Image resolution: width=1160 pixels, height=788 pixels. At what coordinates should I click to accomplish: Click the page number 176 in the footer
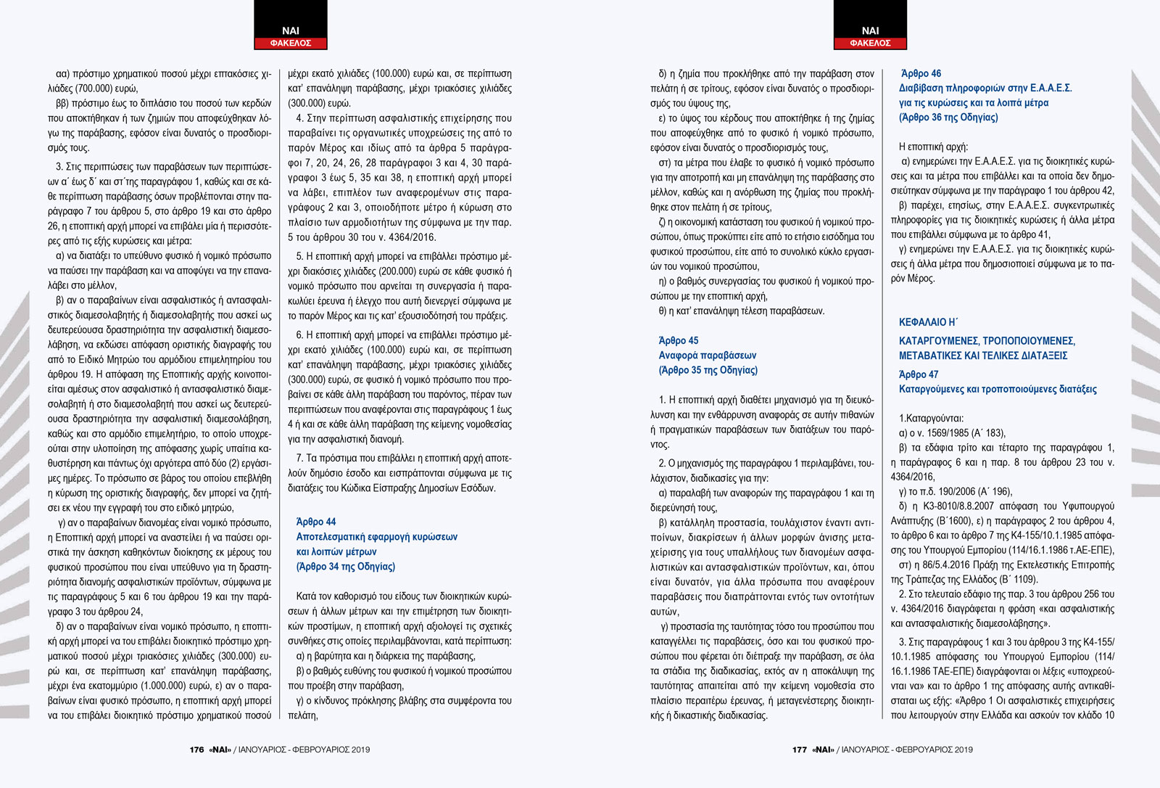click(x=196, y=750)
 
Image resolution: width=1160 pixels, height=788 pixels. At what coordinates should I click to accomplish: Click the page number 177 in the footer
click(x=800, y=750)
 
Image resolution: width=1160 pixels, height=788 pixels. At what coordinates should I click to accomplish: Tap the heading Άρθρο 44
click(x=316, y=522)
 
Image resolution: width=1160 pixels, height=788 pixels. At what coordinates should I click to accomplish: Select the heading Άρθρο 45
click(x=679, y=340)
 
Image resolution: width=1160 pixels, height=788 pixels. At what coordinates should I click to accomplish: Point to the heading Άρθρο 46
click(x=921, y=73)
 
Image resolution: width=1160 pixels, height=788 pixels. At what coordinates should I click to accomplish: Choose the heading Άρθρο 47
click(x=919, y=374)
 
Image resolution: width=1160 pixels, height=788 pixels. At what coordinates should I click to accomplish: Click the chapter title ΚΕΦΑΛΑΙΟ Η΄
click(x=928, y=322)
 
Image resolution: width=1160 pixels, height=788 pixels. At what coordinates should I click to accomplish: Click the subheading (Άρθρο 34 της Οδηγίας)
click(x=346, y=567)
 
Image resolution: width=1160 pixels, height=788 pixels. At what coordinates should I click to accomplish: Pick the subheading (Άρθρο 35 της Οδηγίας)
click(x=708, y=370)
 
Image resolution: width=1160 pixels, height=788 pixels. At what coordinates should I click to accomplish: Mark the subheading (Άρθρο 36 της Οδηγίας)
click(x=948, y=118)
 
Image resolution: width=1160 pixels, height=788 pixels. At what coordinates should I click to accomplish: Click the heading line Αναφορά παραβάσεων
click(x=708, y=356)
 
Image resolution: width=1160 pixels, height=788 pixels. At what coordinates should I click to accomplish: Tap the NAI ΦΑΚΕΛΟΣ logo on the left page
click(x=290, y=36)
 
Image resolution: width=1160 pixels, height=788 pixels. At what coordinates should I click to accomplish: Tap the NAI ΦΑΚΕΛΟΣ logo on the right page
click(x=870, y=36)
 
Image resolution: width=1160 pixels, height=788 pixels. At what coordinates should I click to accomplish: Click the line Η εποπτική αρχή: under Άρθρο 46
click(x=933, y=147)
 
